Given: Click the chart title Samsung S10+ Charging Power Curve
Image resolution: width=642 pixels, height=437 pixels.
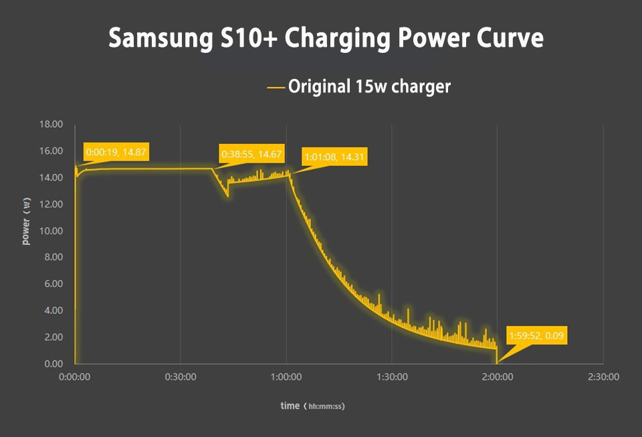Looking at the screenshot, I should coord(326,38).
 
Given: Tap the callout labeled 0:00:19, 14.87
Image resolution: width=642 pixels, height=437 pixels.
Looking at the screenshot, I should coord(116,152).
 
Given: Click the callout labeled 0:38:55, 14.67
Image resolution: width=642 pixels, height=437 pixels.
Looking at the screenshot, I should coord(251,154).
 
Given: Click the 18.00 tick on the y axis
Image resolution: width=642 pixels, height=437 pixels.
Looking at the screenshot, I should coord(53,124).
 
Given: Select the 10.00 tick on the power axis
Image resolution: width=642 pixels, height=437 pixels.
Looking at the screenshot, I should coord(53,231).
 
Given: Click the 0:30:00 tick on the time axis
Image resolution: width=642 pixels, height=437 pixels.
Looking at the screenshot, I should coord(181,377).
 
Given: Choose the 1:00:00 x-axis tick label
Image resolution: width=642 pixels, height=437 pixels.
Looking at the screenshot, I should coord(286,377).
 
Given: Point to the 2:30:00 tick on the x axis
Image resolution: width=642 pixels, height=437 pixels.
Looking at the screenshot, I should coord(603,377).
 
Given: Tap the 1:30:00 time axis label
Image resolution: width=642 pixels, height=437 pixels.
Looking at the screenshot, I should coord(392,377).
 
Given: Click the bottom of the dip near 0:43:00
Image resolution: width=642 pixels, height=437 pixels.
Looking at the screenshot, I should coord(228,196).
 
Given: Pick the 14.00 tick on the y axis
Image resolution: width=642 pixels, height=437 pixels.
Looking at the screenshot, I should coord(53,177).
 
